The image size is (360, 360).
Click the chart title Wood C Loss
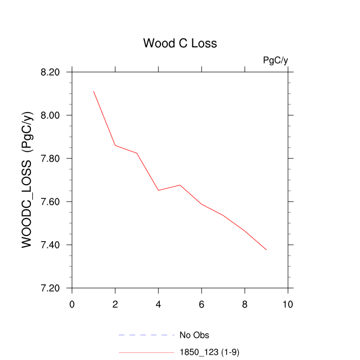(x=180, y=43)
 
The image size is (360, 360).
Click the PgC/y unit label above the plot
(x=275, y=60)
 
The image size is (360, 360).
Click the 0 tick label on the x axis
(x=72, y=304)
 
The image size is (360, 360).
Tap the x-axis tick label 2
(x=115, y=304)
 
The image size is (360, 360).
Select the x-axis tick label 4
(x=158, y=304)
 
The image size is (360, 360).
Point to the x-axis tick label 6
(x=202, y=304)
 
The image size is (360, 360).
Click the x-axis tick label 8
(x=245, y=304)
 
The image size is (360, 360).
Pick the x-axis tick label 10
(x=288, y=304)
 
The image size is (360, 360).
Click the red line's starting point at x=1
(x=94, y=91)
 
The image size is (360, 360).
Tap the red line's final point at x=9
(x=266, y=250)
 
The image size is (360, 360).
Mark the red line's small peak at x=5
(x=180, y=185)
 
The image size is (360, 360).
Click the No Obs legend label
(x=194, y=335)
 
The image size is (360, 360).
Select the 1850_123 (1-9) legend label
(x=209, y=352)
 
